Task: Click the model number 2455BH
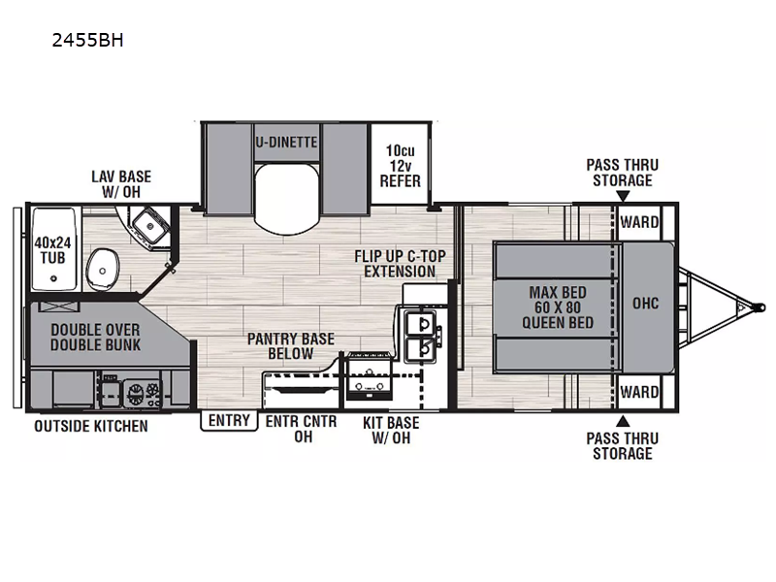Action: [x=87, y=40]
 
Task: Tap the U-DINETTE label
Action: [x=286, y=143]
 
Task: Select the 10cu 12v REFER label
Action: [x=400, y=166]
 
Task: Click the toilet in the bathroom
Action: [x=103, y=269]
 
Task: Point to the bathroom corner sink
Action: [x=149, y=227]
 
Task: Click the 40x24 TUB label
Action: [x=52, y=250]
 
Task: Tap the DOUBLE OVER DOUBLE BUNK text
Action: [x=95, y=338]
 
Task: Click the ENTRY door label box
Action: [x=229, y=421]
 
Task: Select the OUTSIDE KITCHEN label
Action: [x=91, y=426]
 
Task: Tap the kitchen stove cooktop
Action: [x=369, y=376]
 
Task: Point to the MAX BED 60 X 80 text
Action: [x=558, y=300]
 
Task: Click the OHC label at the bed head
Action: [x=645, y=303]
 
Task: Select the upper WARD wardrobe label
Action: [x=639, y=222]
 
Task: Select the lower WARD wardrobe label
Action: [x=639, y=393]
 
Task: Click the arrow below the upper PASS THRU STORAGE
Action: [x=623, y=197]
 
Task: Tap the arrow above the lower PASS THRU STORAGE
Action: [x=623, y=421]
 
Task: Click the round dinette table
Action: [x=286, y=198]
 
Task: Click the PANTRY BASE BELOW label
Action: [x=290, y=346]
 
